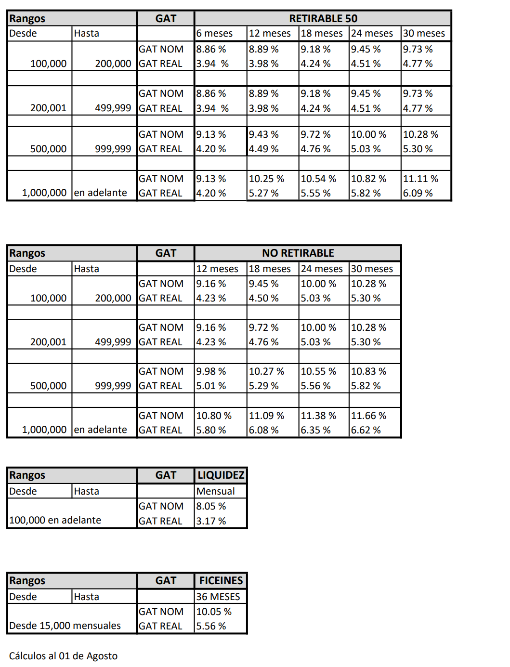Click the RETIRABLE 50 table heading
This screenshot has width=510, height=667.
[x=323, y=18]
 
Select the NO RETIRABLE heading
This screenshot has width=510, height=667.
[x=298, y=253]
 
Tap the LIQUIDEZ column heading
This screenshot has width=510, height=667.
[x=221, y=475]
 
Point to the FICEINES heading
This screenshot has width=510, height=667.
[x=221, y=580]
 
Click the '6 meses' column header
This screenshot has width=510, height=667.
[x=214, y=33]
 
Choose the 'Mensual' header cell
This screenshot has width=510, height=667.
[x=215, y=491]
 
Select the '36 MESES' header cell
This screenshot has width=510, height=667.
[x=218, y=597]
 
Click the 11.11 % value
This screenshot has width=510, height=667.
[x=420, y=179]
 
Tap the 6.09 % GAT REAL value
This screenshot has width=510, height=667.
[x=418, y=193]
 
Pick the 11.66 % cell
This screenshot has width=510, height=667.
[x=368, y=416]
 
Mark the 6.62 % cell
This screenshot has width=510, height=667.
[x=366, y=430]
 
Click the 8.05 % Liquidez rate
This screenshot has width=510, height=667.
[x=211, y=506]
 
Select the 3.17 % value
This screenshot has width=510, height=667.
[x=211, y=521]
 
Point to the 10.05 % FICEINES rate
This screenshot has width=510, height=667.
[x=214, y=612]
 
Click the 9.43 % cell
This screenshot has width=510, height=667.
[x=263, y=134]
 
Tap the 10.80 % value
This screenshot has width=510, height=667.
[x=214, y=416]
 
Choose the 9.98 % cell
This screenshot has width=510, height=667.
[x=211, y=371]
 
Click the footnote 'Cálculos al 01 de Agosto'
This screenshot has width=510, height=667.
[x=63, y=656]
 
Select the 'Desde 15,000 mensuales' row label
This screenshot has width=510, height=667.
[x=65, y=626]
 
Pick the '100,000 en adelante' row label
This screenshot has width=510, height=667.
[x=55, y=520]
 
